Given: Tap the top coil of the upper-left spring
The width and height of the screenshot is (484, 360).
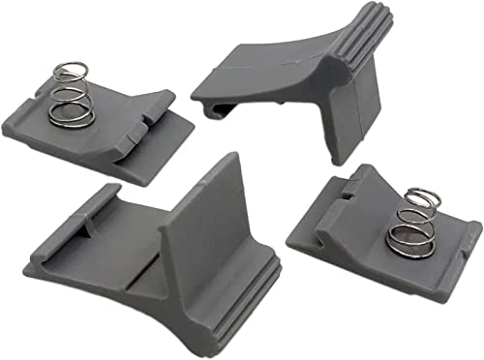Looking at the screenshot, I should coord(69,72).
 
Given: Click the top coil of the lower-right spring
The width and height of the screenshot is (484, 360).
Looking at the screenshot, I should coord(411,196).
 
